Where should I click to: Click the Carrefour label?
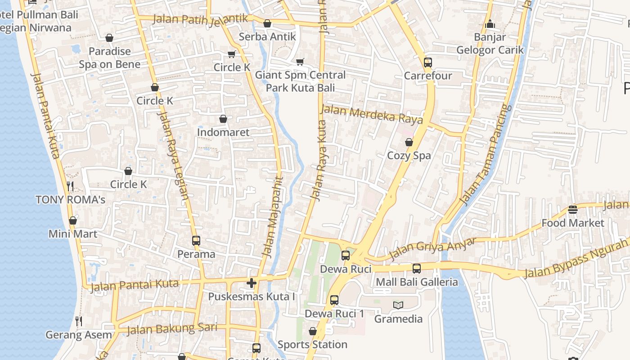(x=427, y=76)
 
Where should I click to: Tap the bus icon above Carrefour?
(x=427, y=63)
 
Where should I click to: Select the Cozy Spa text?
(x=409, y=156)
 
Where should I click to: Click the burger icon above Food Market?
(x=572, y=210)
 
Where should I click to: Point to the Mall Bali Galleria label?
(x=417, y=283)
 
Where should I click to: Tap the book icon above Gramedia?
(x=398, y=306)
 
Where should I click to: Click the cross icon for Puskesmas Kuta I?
(x=252, y=283)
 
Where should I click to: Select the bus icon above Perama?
(x=196, y=241)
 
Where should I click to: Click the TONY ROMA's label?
(x=70, y=200)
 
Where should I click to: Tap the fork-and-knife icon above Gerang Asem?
(x=79, y=321)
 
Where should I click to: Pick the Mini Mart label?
(x=73, y=234)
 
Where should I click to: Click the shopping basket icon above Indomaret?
(x=223, y=119)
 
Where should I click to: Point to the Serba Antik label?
(x=267, y=37)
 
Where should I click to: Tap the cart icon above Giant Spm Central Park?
(x=300, y=62)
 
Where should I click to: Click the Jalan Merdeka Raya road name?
(x=371, y=114)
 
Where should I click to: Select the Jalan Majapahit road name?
(x=274, y=217)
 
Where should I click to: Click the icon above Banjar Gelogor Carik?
(x=490, y=24)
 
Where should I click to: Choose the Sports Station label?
(x=312, y=345)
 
